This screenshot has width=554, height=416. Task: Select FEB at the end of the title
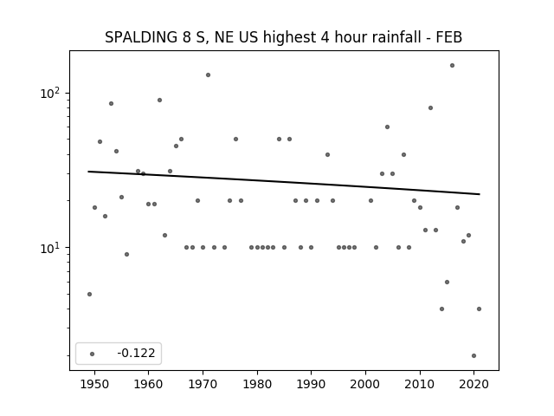click(x=448, y=37)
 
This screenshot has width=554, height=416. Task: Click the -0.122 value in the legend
click(x=136, y=353)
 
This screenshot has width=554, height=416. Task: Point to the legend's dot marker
click(x=93, y=354)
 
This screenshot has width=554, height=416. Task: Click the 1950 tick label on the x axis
click(x=94, y=384)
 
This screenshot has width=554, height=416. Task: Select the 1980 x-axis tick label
click(x=257, y=384)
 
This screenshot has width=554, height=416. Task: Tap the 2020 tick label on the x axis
click(x=473, y=384)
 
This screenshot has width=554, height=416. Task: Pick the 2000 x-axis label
click(x=365, y=384)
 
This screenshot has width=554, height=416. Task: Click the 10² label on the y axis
click(x=50, y=93)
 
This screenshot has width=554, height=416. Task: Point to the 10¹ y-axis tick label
click(x=50, y=248)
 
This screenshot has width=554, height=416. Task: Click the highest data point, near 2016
click(x=452, y=66)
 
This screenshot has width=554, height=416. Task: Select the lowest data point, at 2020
click(x=473, y=356)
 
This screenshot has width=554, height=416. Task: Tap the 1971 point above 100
click(x=208, y=75)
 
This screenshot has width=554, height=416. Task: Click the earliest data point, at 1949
click(x=89, y=295)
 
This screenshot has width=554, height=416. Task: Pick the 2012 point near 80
click(x=430, y=107)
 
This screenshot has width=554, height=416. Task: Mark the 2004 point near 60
click(x=387, y=127)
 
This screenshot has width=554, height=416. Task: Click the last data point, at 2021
click(x=479, y=309)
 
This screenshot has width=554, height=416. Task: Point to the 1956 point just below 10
click(x=127, y=254)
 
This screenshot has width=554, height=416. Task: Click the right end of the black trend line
click(x=480, y=194)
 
